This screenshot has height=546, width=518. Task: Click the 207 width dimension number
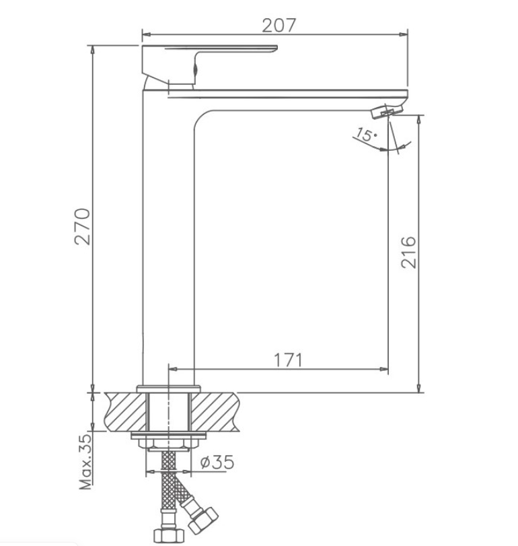click(x=279, y=26)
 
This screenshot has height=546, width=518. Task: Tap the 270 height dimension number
click(x=83, y=227)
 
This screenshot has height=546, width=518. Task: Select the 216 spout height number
click(x=408, y=252)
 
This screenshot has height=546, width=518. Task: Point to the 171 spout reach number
click(x=289, y=360)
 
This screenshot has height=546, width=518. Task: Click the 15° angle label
click(x=365, y=135)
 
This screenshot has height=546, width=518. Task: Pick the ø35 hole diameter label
click(x=217, y=462)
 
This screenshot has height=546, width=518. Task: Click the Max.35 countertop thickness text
click(x=85, y=461)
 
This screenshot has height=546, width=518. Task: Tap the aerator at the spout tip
click(x=386, y=110)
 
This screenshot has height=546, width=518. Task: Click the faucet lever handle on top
click(x=209, y=65)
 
